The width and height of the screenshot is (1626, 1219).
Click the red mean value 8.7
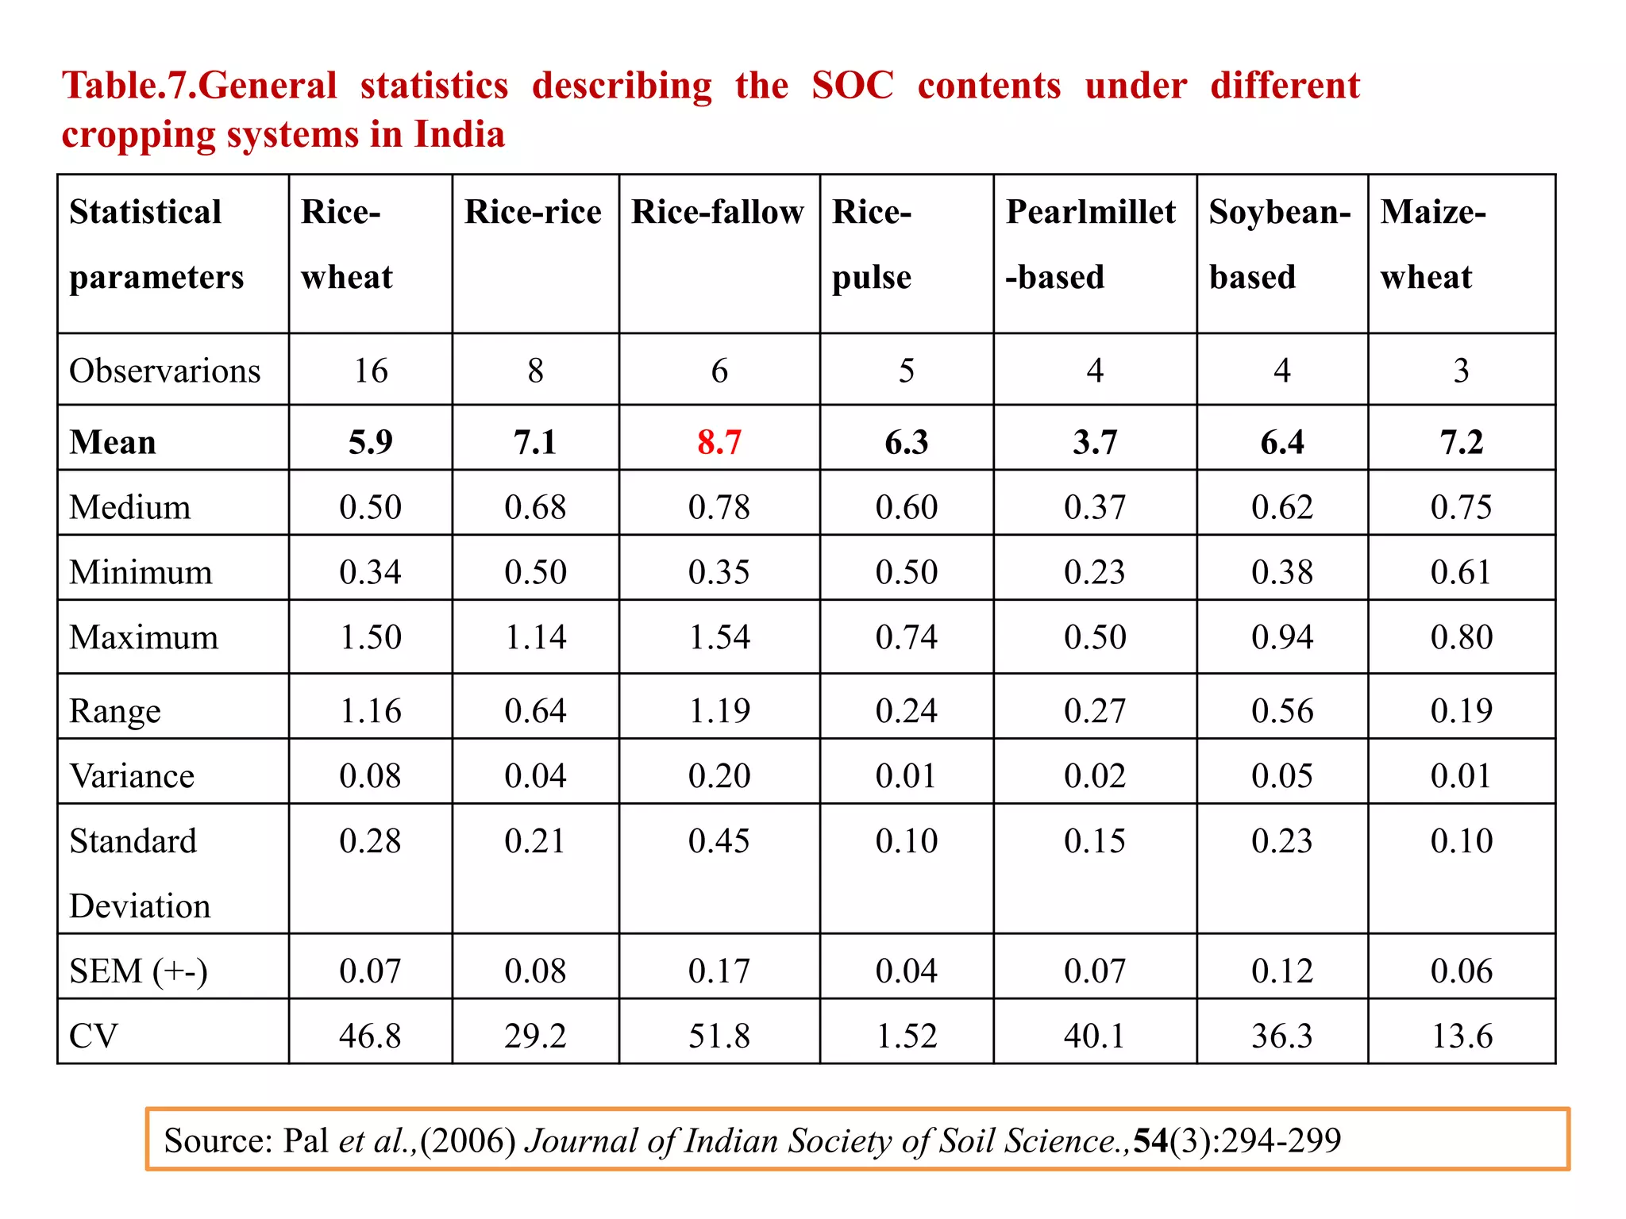pyautogui.click(x=719, y=442)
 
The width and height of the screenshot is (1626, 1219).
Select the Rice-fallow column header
pyautogui.click(x=718, y=213)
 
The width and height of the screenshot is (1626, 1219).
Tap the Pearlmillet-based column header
pyautogui.click(x=1091, y=244)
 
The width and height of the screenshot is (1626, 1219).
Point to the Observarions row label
pyautogui.click(x=165, y=371)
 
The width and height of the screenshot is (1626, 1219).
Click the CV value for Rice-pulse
pyautogui.click(x=907, y=1036)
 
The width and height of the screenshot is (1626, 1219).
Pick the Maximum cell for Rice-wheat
pyautogui.click(x=371, y=637)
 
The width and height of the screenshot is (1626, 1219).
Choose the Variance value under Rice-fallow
pyautogui.click(x=719, y=775)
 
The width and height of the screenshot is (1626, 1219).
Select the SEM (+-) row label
pyautogui.click(x=139, y=971)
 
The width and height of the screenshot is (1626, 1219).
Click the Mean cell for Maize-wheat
pyautogui.click(x=1462, y=442)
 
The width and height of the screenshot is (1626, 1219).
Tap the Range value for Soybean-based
pyautogui.click(x=1282, y=710)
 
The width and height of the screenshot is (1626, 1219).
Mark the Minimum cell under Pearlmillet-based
pyautogui.click(x=1095, y=572)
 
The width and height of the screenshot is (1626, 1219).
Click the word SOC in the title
pyautogui.click(x=853, y=85)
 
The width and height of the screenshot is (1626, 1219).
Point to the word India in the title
pyautogui.click(x=460, y=133)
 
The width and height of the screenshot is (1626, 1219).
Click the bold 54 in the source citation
pyautogui.click(x=1150, y=1140)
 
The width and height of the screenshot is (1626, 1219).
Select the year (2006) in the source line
pyautogui.click(x=468, y=1140)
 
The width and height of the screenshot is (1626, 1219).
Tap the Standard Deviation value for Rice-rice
pyautogui.click(x=535, y=840)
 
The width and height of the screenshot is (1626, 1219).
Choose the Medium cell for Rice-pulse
pyautogui.click(x=907, y=507)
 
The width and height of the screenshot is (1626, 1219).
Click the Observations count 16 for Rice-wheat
pyautogui.click(x=371, y=371)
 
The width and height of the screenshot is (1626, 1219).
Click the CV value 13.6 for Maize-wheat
pyautogui.click(x=1462, y=1036)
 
